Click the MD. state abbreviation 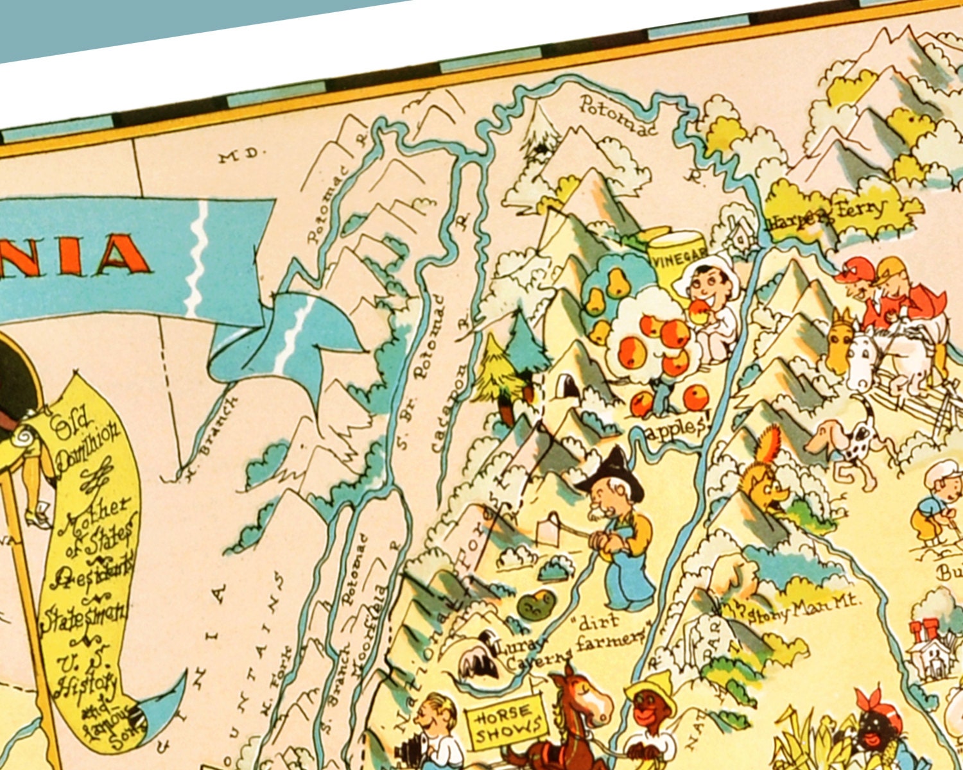click(x=241, y=155)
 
